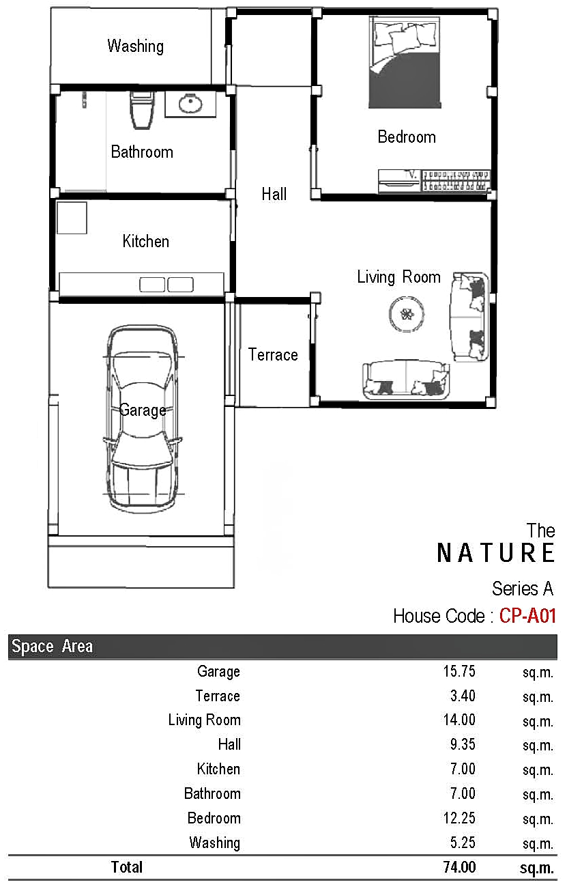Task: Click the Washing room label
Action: click(135, 46)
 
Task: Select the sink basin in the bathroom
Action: click(190, 104)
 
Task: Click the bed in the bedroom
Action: click(405, 62)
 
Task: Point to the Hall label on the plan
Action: click(274, 194)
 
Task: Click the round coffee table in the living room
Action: click(407, 314)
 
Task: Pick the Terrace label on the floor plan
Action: click(273, 354)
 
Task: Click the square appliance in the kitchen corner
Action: click(72, 218)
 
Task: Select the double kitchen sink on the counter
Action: click(166, 285)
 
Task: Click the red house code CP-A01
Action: click(527, 617)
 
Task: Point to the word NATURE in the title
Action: click(495, 553)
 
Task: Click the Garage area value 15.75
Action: click(459, 671)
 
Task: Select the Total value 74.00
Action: click(460, 867)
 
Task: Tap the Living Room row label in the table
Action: click(204, 720)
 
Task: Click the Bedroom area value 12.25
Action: click(459, 819)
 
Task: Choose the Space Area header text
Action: click(52, 647)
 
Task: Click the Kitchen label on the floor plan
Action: click(145, 241)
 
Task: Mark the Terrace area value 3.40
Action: click(463, 696)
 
